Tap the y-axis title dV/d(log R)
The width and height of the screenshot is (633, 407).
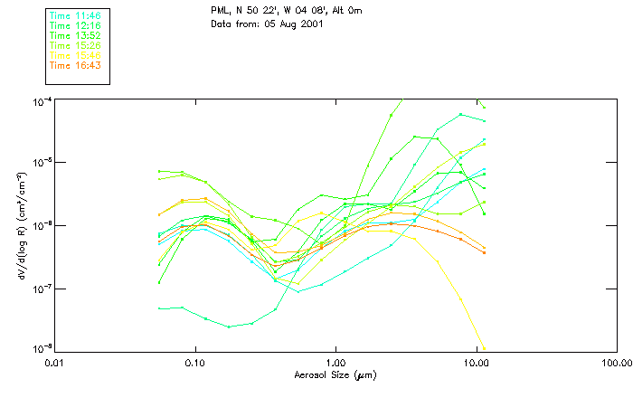17,224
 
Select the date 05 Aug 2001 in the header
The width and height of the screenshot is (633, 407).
292,24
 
